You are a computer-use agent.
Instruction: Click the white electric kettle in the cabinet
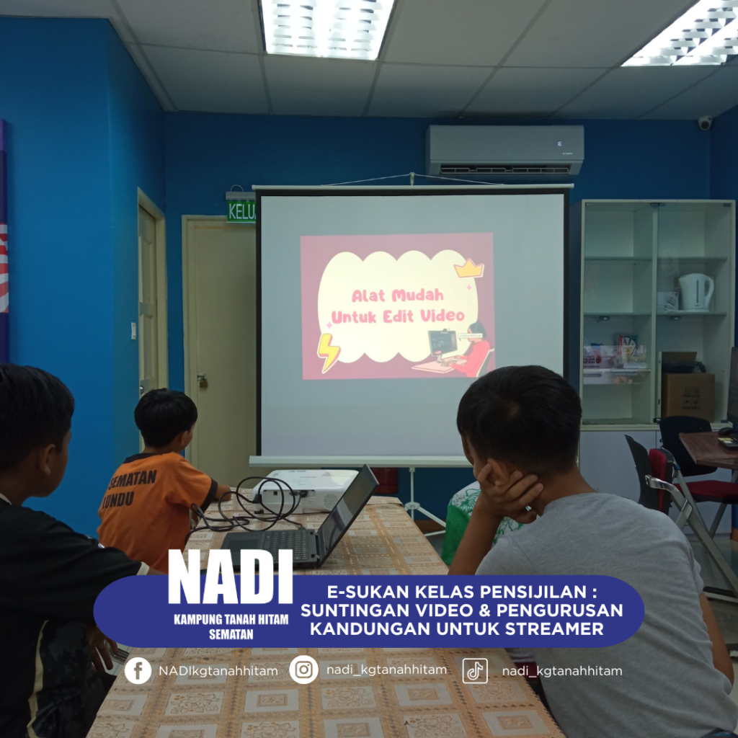coord(695,293)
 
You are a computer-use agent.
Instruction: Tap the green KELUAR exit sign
coord(241,211)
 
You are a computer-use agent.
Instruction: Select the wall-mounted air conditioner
coord(505,151)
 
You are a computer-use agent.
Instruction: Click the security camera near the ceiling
coord(705,123)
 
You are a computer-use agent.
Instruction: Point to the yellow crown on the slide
coord(469,268)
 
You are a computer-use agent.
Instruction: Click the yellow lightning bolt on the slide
coord(328,352)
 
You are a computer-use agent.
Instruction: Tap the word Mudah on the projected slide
coord(417,295)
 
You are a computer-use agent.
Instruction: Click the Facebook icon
coord(138,670)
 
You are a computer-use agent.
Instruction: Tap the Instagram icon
coord(303,670)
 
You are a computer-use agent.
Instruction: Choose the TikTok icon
coord(475,670)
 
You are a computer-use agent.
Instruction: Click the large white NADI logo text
coord(230,577)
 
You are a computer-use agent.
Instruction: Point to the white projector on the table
coord(306,489)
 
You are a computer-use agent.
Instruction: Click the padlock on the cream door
coord(203,381)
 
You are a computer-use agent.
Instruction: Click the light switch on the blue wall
coord(133,331)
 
